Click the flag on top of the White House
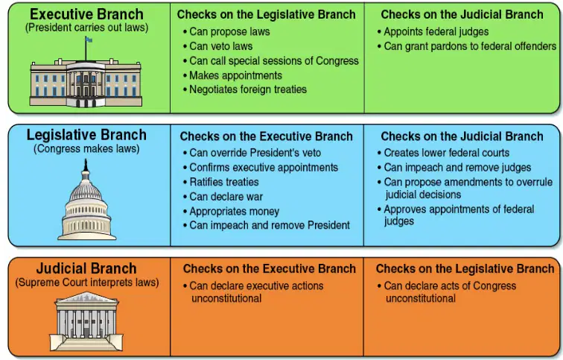89,40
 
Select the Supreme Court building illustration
86,320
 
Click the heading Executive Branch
86,14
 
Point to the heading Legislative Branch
86,135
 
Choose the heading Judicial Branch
86,269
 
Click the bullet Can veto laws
217,46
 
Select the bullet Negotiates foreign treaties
245,89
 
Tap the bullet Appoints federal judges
433,31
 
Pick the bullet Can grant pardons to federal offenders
467,46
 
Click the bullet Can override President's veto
252,153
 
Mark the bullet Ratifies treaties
221,182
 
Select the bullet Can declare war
223,197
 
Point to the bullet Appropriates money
231,212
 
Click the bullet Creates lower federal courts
443,153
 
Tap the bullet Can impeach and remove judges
454,168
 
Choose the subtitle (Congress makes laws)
86,149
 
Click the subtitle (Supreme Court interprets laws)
87,282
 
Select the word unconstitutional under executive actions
226,299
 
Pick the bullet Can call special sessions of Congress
271,61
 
